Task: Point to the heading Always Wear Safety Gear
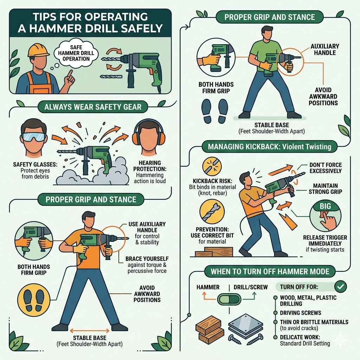pos(92,107)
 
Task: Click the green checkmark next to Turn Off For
pos(340,287)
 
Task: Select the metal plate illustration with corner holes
pos(245,325)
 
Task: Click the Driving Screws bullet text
pos(301,313)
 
